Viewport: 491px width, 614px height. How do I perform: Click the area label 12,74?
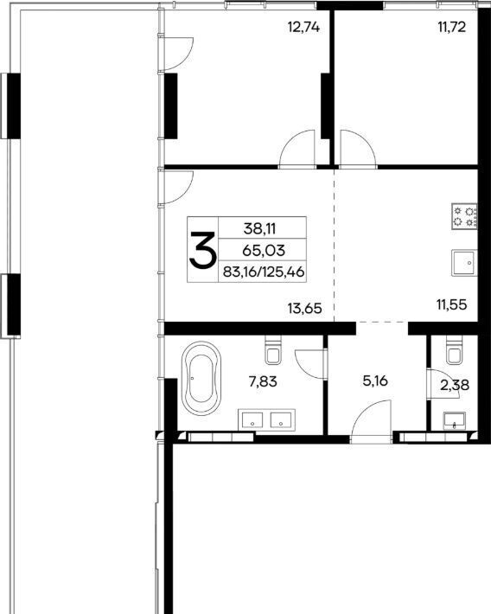pyautogui.click(x=303, y=28)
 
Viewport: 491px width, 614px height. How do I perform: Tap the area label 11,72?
pyautogui.click(x=452, y=28)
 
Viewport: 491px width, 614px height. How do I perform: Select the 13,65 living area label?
pyautogui.click(x=304, y=309)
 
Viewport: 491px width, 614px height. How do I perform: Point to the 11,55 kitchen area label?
pyautogui.click(x=452, y=304)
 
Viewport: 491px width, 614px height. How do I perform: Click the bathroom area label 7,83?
pyautogui.click(x=263, y=381)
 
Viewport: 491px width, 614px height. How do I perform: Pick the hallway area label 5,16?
pyautogui.click(x=375, y=381)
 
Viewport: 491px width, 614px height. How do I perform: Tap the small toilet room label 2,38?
pyautogui.click(x=455, y=386)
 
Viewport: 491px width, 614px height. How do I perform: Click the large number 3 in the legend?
pyautogui.click(x=202, y=250)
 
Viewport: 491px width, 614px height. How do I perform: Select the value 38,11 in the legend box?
pyautogui.click(x=259, y=228)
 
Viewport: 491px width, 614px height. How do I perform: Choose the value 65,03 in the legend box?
pyautogui.click(x=264, y=250)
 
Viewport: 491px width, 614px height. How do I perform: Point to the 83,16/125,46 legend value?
pyautogui.click(x=264, y=272)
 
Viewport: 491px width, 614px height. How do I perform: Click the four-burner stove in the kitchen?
pyautogui.click(x=464, y=216)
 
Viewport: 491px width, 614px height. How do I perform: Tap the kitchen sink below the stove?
pyautogui.click(x=464, y=263)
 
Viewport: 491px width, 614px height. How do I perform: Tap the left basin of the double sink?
pyautogui.click(x=252, y=420)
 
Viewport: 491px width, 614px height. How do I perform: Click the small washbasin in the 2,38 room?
pyautogui.click(x=454, y=421)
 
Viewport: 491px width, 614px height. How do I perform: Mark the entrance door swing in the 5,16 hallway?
pyautogui.click(x=371, y=421)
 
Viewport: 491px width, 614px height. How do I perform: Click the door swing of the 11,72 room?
pyautogui.click(x=358, y=149)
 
